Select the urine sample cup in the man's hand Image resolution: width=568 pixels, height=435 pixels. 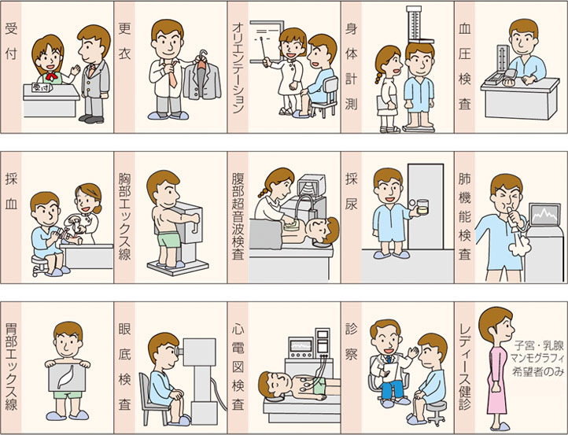tap(420, 206)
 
